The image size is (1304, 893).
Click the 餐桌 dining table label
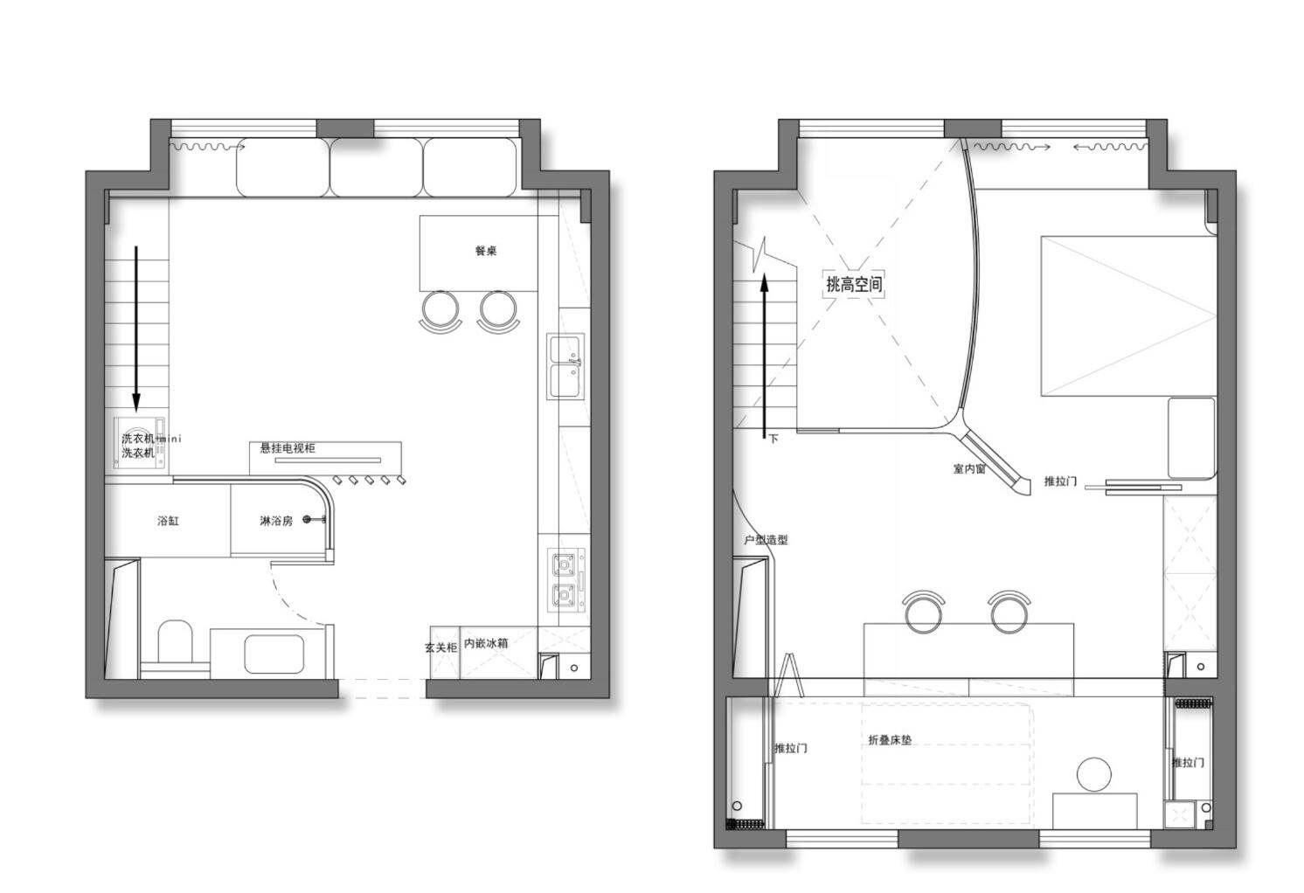pos(486,251)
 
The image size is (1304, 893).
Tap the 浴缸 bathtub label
pos(168,521)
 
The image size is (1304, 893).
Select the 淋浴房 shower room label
pos(276,521)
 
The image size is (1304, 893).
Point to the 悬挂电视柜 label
pos(288,448)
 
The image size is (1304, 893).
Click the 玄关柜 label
pos(441,647)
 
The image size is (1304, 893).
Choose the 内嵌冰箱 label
pos(486,643)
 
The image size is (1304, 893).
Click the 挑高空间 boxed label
pos(854,284)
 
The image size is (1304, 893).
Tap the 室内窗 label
pos(969,469)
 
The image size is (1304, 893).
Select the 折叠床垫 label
pos(890,740)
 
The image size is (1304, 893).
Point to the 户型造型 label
pos(766,540)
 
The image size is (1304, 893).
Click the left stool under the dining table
pos(440,309)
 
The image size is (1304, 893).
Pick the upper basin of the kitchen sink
pos(565,349)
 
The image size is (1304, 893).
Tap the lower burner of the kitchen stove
pos(565,597)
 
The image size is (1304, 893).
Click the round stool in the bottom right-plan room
pos(1093,774)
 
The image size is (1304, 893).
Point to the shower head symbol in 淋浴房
pos(308,520)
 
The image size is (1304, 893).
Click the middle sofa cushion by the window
pos(377,167)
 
